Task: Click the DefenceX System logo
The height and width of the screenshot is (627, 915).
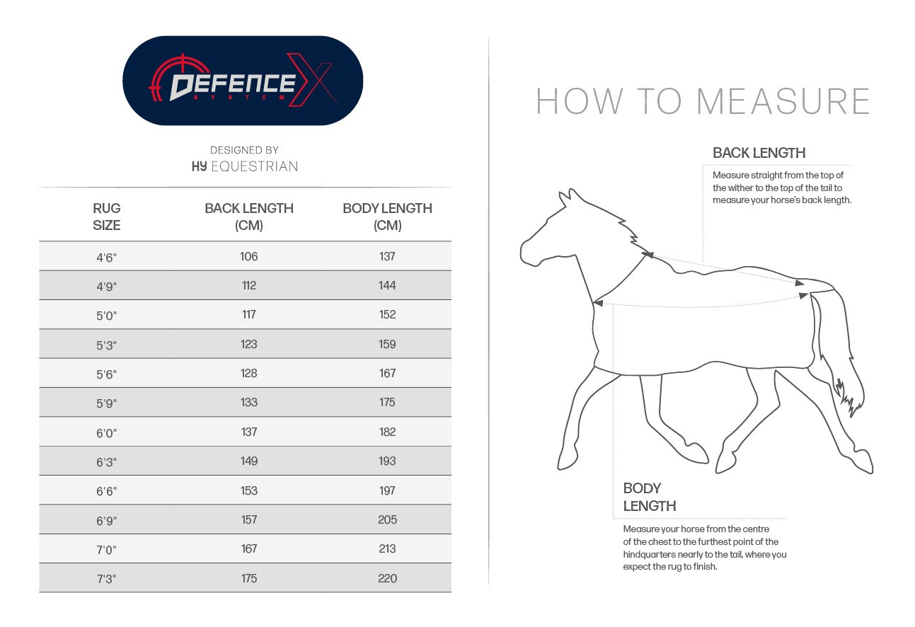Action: (x=243, y=81)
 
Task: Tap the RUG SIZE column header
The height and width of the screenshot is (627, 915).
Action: (x=107, y=217)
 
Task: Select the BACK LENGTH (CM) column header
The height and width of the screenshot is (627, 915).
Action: (x=249, y=217)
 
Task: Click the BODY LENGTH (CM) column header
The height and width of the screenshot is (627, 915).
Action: (x=387, y=217)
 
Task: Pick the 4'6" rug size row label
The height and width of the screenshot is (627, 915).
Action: (x=107, y=257)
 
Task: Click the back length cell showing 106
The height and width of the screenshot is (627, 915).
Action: (x=249, y=256)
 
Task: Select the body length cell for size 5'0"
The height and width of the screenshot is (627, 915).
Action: (x=387, y=315)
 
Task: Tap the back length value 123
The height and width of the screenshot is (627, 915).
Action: (x=249, y=345)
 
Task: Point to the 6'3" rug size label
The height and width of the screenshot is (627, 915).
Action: (x=107, y=462)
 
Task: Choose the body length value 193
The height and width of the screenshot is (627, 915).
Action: (x=387, y=461)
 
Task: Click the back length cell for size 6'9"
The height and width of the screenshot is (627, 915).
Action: (x=249, y=520)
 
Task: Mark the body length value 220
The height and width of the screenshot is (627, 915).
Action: (x=387, y=579)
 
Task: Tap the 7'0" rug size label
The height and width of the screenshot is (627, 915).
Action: (x=107, y=550)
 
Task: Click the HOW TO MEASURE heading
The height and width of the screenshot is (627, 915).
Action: (x=703, y=102)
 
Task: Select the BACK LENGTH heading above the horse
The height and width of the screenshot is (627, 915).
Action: (x=759, y=153)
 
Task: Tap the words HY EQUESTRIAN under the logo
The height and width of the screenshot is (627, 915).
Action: (x=245, y=166)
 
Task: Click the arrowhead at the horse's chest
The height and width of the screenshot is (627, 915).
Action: (x=598, y=303)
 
